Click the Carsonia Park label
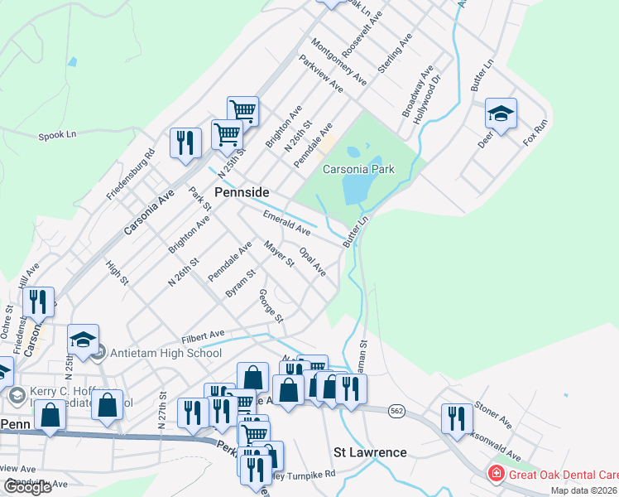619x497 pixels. [358, 169]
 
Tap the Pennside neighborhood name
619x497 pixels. [242, 191]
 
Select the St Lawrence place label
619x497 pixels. [370, 452]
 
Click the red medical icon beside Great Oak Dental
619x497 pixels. [496, 474]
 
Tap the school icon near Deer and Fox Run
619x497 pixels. [501, 113]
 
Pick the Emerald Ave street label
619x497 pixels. [286, 221]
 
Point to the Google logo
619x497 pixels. [27, 486]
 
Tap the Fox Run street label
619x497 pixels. [535, 133]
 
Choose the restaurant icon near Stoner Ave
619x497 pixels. [455, 418]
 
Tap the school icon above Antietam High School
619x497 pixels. [83, 339]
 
